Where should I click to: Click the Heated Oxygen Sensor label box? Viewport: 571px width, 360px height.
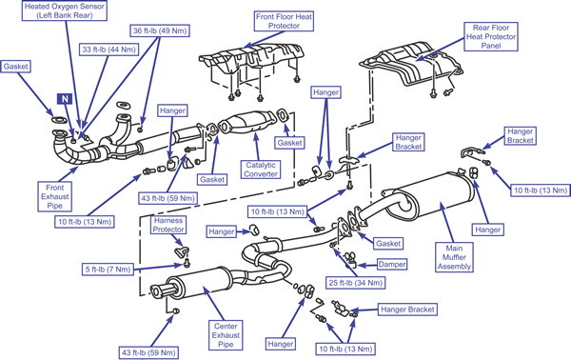coord(65,10)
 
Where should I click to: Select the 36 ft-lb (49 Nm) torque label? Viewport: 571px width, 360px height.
coord(160,31)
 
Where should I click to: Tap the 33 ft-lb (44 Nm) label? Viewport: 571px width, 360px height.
coord(108,50)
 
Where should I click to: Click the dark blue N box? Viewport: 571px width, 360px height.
coord(65,99)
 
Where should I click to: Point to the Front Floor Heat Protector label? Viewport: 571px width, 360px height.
coord(284,21)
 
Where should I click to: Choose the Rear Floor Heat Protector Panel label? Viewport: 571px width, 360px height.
coord(491,36)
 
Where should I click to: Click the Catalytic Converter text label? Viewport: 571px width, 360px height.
coord(261,170)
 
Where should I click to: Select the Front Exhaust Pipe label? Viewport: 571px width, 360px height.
coord(54,197)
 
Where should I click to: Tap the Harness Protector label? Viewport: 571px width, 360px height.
coord(168,225)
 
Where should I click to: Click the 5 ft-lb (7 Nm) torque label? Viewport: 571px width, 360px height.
coord(108,270)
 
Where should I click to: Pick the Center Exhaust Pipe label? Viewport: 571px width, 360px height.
coord(226,335)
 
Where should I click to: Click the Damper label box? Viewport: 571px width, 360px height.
coord(392,265)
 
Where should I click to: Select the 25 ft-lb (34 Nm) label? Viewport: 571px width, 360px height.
coord(355,283)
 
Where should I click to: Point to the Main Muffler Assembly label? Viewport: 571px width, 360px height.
coord(455,257)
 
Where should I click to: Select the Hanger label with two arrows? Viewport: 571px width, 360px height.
coord(325,92)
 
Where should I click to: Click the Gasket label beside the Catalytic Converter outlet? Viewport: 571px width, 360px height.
coord(289,143)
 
